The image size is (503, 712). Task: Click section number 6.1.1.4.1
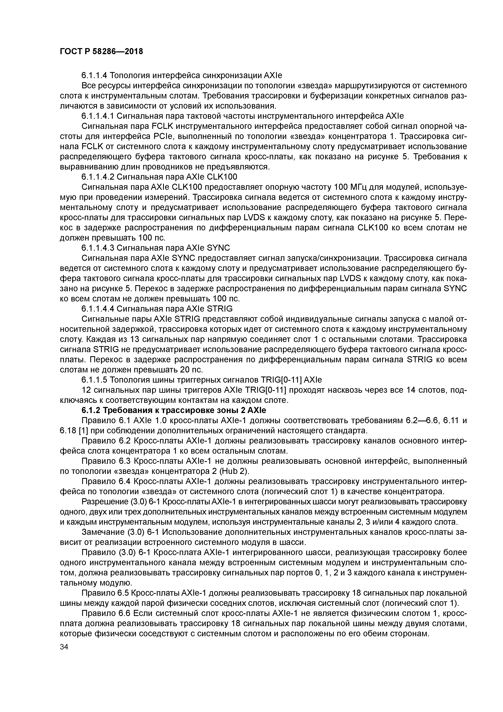(x=98, y=116)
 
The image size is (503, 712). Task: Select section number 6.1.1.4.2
(x=98, y=177)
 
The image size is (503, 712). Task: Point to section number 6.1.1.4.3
(x=98, y=248)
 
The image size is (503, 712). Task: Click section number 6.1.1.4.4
(x=98, y=309)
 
